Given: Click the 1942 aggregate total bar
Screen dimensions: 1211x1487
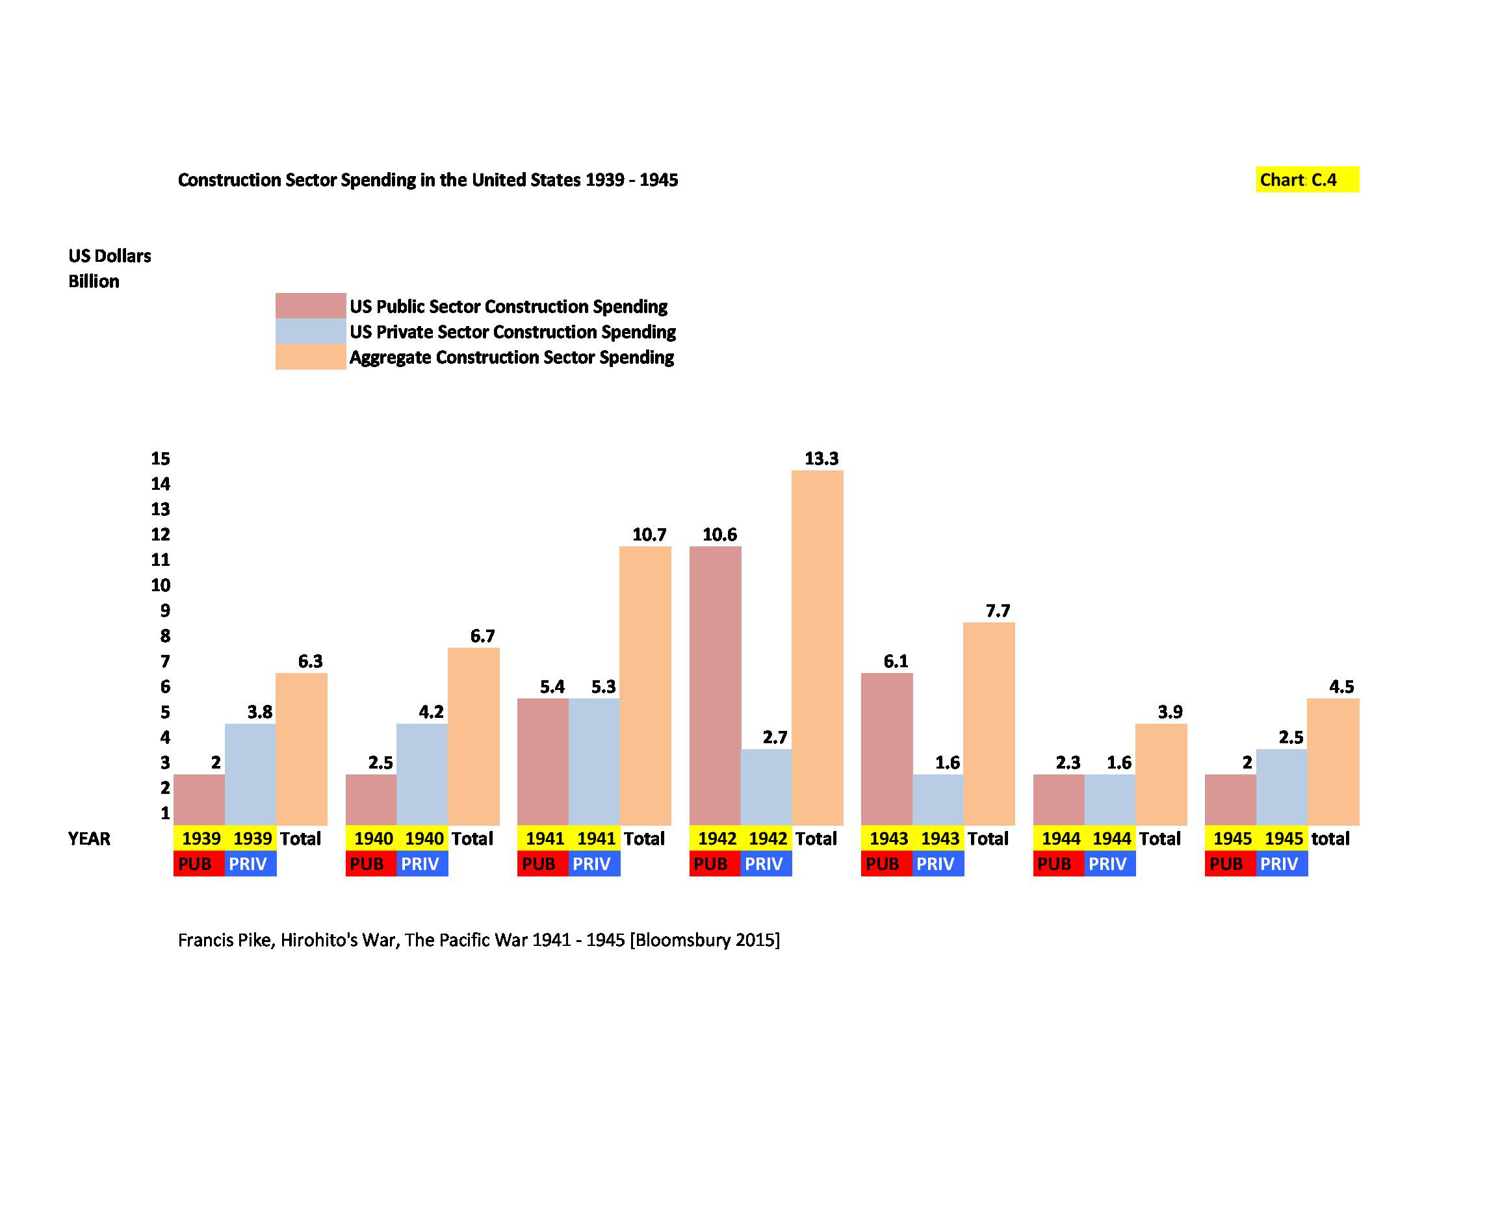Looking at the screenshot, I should (817, 647).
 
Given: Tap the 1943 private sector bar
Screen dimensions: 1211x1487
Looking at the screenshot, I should (938, 799).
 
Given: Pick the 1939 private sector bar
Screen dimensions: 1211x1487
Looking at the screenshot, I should (250, 774).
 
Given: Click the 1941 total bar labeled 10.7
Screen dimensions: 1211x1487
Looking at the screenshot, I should (645, 685).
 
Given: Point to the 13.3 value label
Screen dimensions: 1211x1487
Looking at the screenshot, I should (821, 458).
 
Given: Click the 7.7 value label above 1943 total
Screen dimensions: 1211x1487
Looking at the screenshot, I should (998, 611).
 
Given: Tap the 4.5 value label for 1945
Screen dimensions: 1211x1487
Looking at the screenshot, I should (1341, 687).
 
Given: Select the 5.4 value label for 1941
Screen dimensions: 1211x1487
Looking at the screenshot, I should (552, 687).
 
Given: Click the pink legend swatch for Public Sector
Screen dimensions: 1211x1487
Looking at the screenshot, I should (311, 305).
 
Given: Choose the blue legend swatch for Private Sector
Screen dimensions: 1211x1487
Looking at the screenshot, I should (311, 331).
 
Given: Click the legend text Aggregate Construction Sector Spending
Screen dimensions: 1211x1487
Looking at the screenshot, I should (511, 357).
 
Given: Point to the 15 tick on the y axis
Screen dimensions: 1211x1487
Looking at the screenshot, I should (161, 458).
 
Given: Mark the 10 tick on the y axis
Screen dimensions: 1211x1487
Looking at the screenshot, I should (161, 585).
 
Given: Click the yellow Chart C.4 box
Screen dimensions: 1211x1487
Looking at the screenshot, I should (1307, 179).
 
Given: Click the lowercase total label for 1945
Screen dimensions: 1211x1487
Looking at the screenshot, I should (1330, 839).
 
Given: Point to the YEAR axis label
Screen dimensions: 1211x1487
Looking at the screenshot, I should (89, 839).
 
